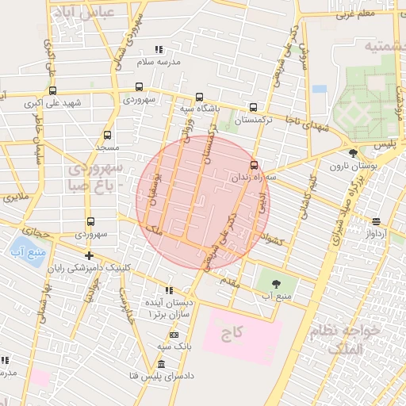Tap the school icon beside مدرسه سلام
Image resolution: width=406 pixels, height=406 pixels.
159,49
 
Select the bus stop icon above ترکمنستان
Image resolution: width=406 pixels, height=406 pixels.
254,107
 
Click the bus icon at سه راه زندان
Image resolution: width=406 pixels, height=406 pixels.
254,165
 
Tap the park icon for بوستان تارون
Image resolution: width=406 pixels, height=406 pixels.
352,153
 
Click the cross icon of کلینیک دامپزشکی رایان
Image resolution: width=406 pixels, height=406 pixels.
90,255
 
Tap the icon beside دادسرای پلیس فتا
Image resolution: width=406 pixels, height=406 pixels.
162,364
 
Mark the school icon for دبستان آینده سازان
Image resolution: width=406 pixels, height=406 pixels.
167,290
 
